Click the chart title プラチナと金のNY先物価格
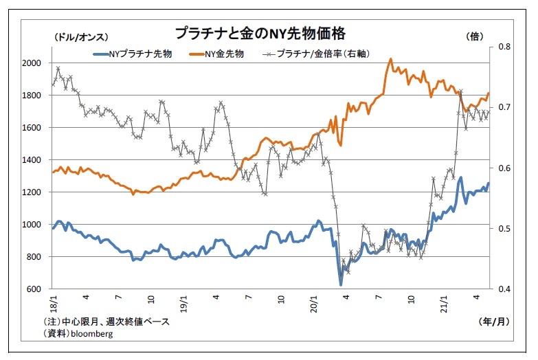[260, 33]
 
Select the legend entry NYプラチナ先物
[133, 54]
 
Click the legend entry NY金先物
[216, 54]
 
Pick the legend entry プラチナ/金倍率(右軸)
[316, 54]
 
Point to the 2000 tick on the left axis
[32, 63]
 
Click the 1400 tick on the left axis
[32, 160]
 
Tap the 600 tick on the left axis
[34, 289]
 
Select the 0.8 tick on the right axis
[504, 47]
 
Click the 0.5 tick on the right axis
[504, 229]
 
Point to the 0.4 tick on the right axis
[504, 289]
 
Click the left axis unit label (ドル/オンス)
[81, 37]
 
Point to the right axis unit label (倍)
[475, 36]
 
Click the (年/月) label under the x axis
[494, 322]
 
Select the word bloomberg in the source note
[91, 334]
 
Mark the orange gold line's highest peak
[390, 59]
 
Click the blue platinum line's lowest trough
[341, 284]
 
